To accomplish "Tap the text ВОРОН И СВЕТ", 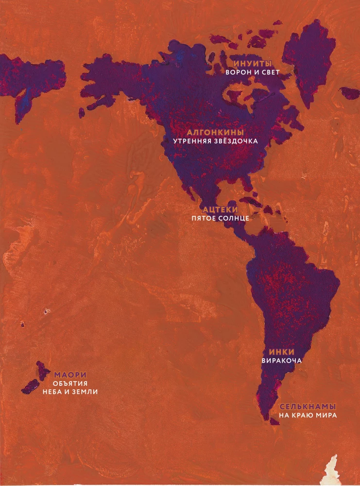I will (253, 72).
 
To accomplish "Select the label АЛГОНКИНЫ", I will (215, 133).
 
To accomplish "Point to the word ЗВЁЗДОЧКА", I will (236, 141).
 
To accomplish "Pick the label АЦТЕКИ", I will (220, 209).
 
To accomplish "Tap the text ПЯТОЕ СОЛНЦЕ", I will (220, 218).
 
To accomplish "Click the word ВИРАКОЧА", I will (282, 361).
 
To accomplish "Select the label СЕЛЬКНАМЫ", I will (308, 407).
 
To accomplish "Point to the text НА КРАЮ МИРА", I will (308, 416).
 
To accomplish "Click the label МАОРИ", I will (70, 375).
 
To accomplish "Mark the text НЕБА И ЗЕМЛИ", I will (70, 392).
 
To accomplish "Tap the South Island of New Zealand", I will (31, 387).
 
